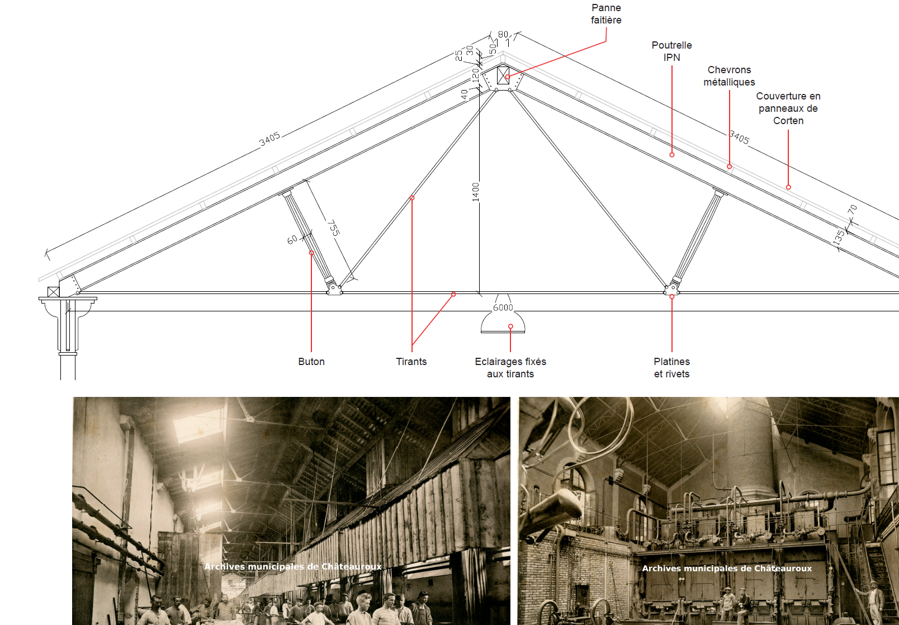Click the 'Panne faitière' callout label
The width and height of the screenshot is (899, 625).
pyautogui.click(x=606, y=14)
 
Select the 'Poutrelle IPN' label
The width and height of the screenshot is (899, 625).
pyautogui.click(x=671, y=51)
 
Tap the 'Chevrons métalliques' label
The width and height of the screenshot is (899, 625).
pyautogui.click(x=729, y=76)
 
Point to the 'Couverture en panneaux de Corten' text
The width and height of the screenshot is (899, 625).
pyautogui.click(x=788, y=108)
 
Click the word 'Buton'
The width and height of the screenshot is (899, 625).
pyautogui.click(x=311, y=362)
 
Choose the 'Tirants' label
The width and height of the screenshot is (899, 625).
pyautogui.click(x=411, y=362)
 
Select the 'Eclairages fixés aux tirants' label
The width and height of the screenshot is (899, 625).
pyautogui.click(x=510, y=368)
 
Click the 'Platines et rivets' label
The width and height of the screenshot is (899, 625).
pyautogui.click(x=672, y=368)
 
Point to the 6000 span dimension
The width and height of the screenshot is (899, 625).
pyautogui.click(x=503, y=308)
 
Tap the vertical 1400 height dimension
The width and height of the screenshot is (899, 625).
pyautogui.click(x=476, y=192)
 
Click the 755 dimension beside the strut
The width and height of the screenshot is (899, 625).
pyautogui.click(x=334, y=228)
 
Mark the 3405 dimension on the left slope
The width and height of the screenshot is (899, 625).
pyautogui.click(x=269, y=139)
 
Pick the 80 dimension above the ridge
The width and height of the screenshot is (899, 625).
pyautogui.click(x=503, y=35)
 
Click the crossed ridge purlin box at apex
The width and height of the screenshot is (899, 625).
pyautogui.click(x=503, y=75)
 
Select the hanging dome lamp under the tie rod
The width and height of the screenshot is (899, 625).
pyautogui.click(x=503, y=323)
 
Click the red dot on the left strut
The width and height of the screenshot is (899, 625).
pyautogui.click(x=311, y=253)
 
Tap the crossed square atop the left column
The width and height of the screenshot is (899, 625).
pyautogui.click(x=53, y=292)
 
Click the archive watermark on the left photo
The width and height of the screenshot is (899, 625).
pyautogui.click(x=293, y=567)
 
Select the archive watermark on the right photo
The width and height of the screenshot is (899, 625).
pyautogui.click(x=727, y=569)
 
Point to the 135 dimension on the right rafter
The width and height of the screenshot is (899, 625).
pyautogui.click(x=838, y=237)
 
